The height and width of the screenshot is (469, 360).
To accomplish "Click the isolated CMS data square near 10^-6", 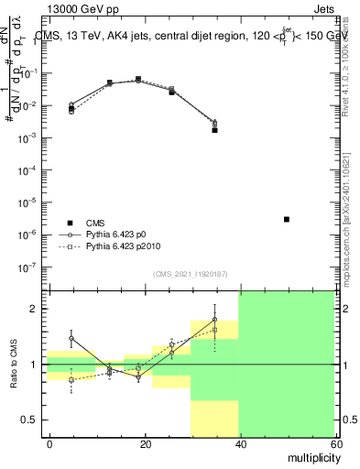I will [287, 219].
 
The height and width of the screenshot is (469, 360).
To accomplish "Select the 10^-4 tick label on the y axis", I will [31, 170].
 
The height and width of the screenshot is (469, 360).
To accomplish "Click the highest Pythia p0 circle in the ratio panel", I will [215, 320].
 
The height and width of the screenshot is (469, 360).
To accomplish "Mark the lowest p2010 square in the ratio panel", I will [71, 379].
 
